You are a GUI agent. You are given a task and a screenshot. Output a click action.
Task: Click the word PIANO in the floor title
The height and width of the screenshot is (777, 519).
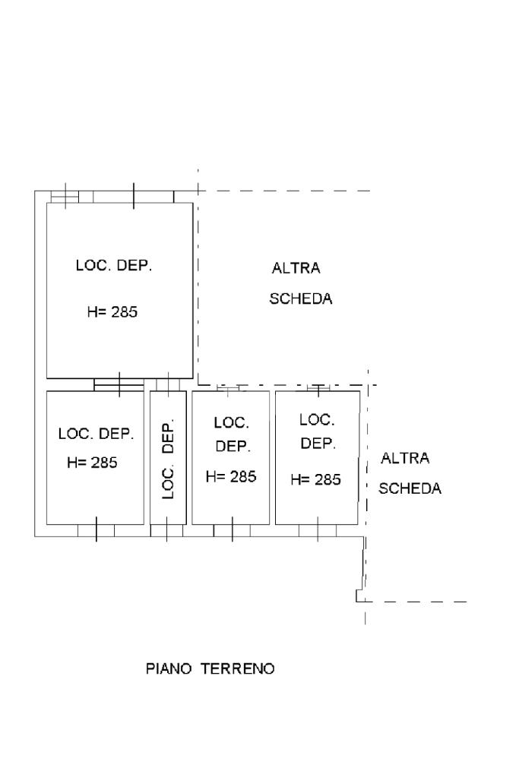pos(169,668)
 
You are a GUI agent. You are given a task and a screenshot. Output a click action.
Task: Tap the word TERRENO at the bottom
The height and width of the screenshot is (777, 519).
pos(237,668)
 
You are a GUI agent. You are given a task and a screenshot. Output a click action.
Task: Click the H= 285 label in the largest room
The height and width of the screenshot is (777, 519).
pos(112,311)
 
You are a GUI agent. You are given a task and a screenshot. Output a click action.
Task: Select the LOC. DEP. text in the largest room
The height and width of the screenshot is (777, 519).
pos(114,265)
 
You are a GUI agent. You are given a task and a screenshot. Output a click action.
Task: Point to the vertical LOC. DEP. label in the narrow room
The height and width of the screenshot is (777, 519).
pos(169,460)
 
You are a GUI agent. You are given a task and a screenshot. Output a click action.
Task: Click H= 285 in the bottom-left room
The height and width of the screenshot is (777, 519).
pos(92,463)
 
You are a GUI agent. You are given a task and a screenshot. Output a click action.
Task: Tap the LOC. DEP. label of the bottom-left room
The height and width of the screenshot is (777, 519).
pos(97,434)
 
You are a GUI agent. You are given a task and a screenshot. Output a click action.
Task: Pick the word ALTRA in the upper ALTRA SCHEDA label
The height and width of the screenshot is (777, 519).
pos(296,268)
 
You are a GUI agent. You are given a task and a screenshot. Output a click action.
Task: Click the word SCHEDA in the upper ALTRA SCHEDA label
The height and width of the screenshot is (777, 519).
pos(300,298)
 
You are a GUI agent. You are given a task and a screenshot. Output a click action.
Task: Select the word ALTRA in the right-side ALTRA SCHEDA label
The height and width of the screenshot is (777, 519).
pos(405,458)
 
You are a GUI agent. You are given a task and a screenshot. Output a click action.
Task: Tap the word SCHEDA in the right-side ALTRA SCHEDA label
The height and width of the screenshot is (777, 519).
pos(410,488)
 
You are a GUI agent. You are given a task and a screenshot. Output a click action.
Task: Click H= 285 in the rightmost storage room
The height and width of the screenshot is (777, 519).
pos(316,479)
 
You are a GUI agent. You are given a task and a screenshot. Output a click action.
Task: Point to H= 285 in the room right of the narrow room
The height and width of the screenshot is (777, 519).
pos(231,476)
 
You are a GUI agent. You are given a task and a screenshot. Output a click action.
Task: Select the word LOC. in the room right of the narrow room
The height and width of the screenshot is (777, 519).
pos(232,423)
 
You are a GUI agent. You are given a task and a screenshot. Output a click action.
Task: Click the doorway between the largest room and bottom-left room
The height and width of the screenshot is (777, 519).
pos(119,384)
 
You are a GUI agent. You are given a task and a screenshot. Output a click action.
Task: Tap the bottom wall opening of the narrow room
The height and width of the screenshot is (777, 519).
pos(166,530)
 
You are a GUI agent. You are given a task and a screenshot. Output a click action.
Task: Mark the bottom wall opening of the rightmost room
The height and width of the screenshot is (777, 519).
pos(318,530)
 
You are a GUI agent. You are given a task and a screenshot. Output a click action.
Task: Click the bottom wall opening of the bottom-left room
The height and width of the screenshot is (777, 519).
pos(97,530)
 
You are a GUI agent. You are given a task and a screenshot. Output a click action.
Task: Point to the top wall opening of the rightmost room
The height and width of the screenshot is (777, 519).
pos(318,388)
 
